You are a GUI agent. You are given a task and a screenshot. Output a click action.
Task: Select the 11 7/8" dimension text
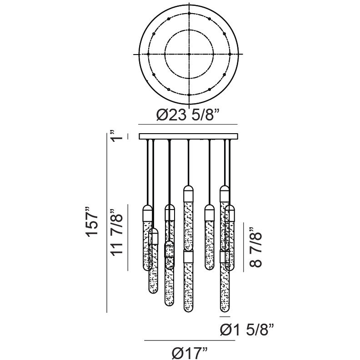pyautogui.click(x=116, y=232)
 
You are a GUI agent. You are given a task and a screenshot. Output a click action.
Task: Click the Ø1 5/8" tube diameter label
pyautogui.click(x=247, y=330)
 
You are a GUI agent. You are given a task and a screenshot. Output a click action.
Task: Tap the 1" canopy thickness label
pyautogui.click(x=115, y=135)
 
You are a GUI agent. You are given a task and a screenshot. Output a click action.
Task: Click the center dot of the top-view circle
pyautogui.click(x=189, y=54)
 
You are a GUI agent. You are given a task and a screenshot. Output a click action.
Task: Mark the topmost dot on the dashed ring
pyautogui.click(x=189, y=13)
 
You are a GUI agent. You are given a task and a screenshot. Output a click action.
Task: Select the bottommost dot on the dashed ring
pyautogui.click(x=189, y=95)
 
